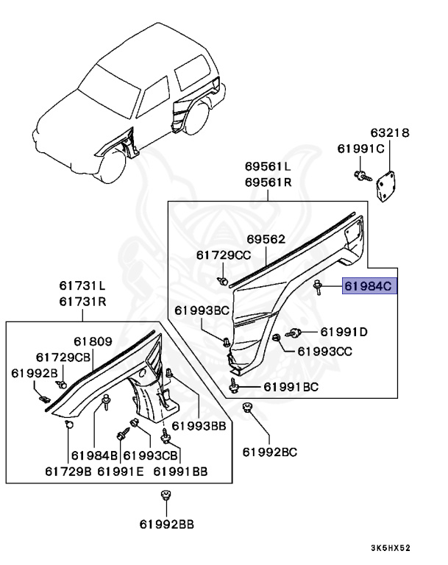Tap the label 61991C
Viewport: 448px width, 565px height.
pos(361,148)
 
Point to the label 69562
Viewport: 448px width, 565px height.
pos(266,239)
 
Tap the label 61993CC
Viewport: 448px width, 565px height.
pos(326,352)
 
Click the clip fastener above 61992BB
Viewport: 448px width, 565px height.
pos(166,497)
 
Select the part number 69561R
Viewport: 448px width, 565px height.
pos(268,182)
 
